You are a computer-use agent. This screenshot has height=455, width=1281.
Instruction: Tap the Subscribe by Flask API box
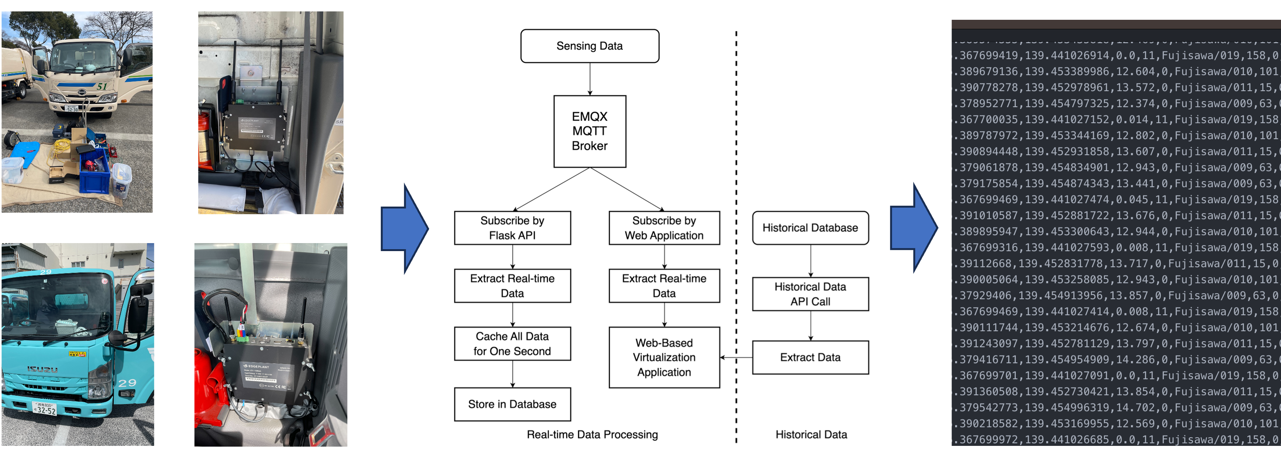point(512,228)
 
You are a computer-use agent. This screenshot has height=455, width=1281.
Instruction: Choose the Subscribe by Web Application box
point(664,228)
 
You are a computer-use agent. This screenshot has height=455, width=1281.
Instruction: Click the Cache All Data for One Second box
point(512,344)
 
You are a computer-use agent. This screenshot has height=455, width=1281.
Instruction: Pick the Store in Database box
point(512,404)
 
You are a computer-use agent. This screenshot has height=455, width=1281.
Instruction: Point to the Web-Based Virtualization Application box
point(664,357)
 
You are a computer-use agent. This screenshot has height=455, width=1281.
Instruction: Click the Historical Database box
point(810,228)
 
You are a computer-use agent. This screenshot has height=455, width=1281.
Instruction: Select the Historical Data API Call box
point(810,294)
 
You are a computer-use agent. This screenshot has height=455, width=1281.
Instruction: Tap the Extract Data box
point(810,357)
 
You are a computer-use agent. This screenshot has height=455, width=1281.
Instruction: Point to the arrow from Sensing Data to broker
point(590,79)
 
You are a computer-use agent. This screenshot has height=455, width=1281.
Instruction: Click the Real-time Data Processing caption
point(592,434)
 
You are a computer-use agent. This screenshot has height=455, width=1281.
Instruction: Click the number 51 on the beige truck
point(102,86)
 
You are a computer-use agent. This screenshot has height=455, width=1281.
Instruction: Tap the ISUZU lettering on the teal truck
point(42,369)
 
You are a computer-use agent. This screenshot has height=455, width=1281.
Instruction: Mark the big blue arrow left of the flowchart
point(404,229)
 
